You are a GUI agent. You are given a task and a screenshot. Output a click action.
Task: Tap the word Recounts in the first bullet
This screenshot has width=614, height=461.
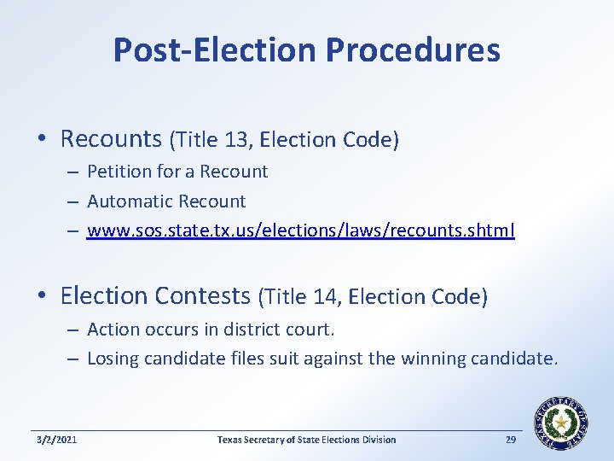[x=111, y=138]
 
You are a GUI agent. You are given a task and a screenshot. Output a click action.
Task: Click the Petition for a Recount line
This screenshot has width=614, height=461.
[x=177, y=172]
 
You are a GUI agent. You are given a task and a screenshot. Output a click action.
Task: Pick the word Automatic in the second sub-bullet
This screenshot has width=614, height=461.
[x=125, y=201]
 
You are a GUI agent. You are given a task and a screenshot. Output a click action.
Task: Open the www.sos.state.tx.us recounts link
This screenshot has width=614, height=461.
[x=301, y=231]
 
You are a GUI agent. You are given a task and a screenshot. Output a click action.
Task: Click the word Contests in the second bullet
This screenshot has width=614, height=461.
[x=202, y=296]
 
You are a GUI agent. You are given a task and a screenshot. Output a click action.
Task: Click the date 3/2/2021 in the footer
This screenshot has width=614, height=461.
[x=57, y=440]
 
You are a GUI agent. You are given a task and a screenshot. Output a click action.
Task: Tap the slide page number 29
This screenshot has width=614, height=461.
[x=512, y=440]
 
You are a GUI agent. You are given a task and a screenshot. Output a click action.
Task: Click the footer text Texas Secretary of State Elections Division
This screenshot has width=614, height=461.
[x=306, y=440]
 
